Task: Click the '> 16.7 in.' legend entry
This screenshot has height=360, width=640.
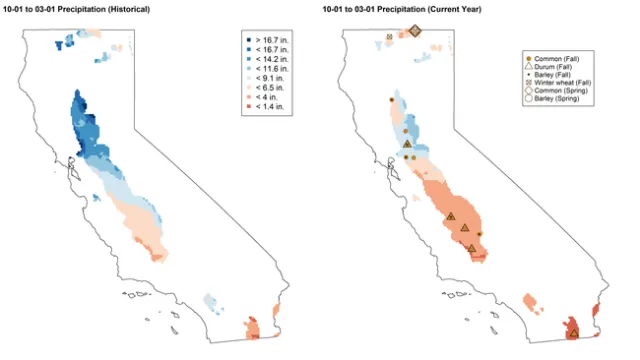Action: (x=264, y=38)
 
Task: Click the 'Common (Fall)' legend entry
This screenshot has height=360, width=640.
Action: (x=556, y=60)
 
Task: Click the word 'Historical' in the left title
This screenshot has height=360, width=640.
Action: (x=139, y=8)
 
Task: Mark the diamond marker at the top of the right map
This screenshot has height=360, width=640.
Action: (x=416, y=31)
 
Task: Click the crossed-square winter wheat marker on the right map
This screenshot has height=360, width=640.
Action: (x=389, y=38)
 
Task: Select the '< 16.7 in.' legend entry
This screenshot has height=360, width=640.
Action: (x=264, y=48)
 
